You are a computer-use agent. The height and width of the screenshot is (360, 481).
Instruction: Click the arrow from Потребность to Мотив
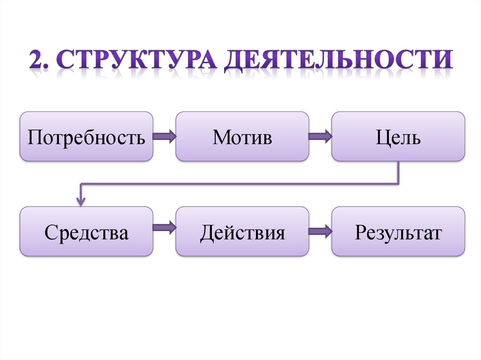coord(164,137)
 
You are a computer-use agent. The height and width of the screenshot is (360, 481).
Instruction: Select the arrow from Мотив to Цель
coord(320,137)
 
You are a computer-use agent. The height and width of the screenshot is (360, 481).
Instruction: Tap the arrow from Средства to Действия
coord(164,229)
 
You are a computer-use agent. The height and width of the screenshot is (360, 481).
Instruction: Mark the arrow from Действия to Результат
coord(320,230)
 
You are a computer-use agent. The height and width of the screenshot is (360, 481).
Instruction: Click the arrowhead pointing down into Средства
coord(81,201)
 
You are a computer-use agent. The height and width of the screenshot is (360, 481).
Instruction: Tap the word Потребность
coord(86,138)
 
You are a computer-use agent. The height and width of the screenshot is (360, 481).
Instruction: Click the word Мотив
coord(242,137)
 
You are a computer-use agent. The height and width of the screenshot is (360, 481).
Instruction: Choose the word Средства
coord(86,232)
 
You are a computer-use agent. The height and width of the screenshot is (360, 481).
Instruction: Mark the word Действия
coord(242,232)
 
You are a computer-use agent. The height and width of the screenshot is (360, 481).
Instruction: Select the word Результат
coord(398,232)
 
